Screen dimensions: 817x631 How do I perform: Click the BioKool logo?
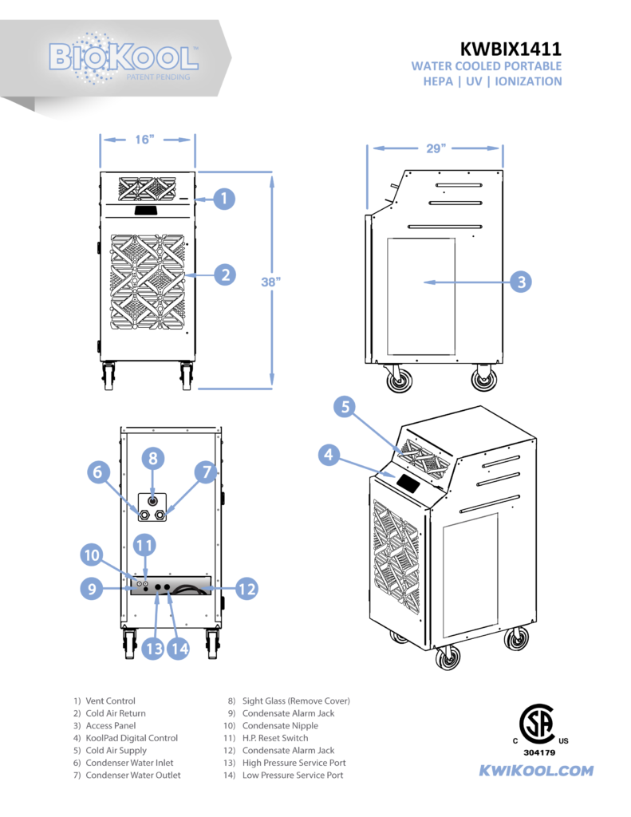pyautogui.click(x=124, y=57)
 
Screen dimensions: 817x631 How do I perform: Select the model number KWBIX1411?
pyautogui.click(x=511, y=49)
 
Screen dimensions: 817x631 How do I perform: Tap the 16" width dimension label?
pyautogui.click(x=144, y=140)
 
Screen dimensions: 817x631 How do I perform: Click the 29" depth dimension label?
pyautogui.click(x=435, y=148)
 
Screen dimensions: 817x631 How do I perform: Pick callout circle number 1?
pyautogui.click(x=224, y=198)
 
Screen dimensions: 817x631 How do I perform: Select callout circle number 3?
pyautogui.click(x=520, y=282)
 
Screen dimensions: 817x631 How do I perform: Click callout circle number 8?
pyautogui.click(x=153, y=458)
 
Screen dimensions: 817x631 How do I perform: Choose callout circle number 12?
pyautogui.click(x=246, y=589)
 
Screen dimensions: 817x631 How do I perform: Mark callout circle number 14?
pyautogui.click(x=179, y=649)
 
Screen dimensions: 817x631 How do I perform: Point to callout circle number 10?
pyautogui.click(x=92, y=554)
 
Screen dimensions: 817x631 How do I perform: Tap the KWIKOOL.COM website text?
pyautogui.click(x=535, y=771)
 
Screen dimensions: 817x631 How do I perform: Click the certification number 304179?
pyautogui.click(x=540, y=752)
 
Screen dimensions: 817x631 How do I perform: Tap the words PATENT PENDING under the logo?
pyautogui.click(x=158, y=77)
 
